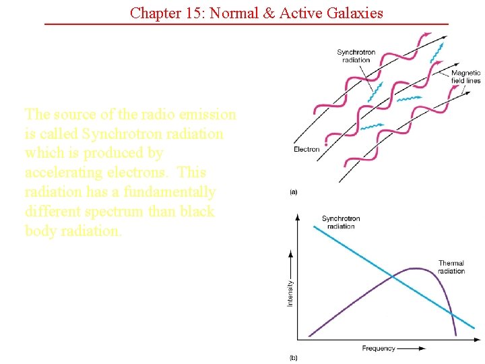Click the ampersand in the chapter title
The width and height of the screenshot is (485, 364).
267,12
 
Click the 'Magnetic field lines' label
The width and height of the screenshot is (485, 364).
465,77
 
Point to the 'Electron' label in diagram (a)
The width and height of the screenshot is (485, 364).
306,149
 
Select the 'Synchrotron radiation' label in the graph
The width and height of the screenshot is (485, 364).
341,222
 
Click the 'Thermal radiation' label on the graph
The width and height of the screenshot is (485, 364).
451,267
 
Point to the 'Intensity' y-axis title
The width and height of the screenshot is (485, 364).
290,293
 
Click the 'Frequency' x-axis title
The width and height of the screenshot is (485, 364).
379,348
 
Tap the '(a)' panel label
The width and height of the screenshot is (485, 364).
294,192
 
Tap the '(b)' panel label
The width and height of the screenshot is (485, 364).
294,357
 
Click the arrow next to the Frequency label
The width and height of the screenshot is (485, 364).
412,348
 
